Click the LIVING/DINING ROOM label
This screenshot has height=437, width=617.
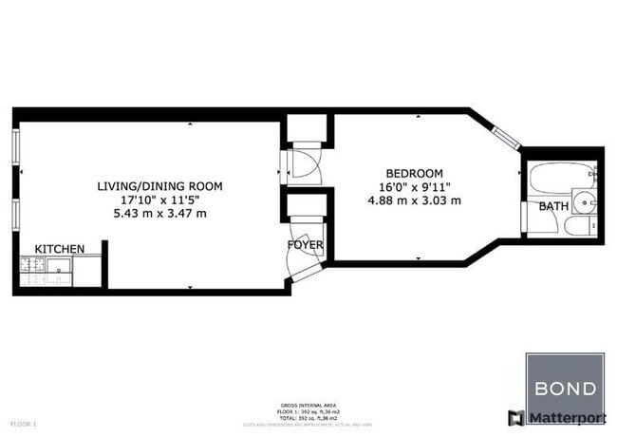click(159, 186)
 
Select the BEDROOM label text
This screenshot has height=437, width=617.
click(414, 174)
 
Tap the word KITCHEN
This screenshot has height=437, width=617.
click(60, 249)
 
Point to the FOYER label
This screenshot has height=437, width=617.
click(306, 245)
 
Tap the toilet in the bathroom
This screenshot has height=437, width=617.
click(576, 228)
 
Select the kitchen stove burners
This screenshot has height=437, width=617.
click(32, 271)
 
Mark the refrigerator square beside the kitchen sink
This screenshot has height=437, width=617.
click(87, 271)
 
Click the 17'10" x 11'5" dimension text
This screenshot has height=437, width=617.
click(159, 199)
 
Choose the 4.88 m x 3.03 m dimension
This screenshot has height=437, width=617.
click(414, 200)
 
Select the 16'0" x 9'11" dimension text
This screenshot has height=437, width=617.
click(414, 187)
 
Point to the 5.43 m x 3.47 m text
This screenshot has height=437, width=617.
click(159, 213)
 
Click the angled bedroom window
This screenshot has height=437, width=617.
click(508, 136)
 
